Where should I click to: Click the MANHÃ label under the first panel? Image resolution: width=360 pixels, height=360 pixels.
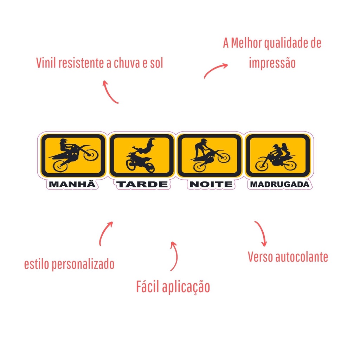click(x=72, y=184)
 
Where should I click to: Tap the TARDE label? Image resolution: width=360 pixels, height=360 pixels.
click(x=142, y=184)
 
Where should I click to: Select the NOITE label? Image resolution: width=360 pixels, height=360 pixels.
click(x=211, y=184)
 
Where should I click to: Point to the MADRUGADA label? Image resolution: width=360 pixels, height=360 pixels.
click(x=279, y=184)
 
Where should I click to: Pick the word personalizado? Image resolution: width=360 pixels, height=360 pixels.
click(x=83, y=264)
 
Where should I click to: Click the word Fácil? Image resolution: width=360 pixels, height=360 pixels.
click(x=148, y=286)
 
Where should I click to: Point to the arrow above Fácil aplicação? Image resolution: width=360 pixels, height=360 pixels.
click(x=176, y=256)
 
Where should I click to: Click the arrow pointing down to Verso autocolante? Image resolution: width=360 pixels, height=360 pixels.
click(x=262, y=232)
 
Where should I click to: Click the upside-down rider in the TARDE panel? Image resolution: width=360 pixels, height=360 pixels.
click(x=144, y=147)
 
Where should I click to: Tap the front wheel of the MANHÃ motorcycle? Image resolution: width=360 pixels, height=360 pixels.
click(x=91, y=155)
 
